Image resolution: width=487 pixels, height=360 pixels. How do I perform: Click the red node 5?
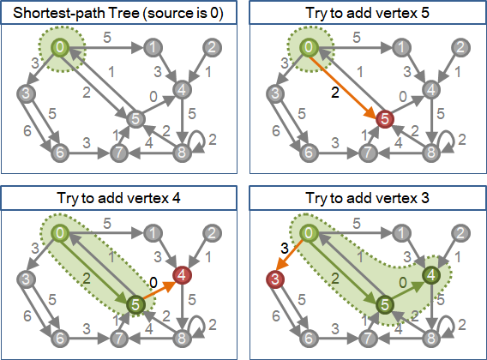pos(385,119)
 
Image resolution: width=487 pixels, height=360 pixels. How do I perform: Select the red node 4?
pos(182,275)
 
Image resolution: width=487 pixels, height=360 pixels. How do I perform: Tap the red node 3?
pos(275,279)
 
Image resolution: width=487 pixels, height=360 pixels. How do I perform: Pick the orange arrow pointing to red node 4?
pos(159,291)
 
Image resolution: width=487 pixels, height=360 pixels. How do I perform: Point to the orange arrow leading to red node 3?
pos(289,255)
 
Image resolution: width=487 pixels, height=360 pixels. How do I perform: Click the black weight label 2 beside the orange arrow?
pos(334,93)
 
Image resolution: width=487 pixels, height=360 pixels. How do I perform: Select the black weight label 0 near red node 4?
pos(153,283)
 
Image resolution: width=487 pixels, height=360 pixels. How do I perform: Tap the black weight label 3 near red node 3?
pos(284,249)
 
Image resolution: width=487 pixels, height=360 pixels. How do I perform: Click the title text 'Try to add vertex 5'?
pos(368,13)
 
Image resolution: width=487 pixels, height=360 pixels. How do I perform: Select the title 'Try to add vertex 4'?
pos(118,198)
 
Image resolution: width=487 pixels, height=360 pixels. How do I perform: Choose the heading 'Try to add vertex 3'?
pos(368,198)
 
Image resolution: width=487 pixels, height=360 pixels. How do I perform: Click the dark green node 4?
pos(431,275)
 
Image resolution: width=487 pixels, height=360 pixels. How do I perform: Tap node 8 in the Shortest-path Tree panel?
pos(182,153)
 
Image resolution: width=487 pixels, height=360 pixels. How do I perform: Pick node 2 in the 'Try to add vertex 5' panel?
pos(461,47)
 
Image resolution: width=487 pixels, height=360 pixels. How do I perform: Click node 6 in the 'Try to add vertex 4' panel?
pos(60,338)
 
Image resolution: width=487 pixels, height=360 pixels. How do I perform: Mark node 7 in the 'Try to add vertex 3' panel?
pos(368,338)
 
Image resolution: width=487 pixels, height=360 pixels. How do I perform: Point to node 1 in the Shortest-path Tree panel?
pos(153,47)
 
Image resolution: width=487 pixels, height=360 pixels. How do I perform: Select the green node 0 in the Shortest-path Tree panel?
pos(60,47)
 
